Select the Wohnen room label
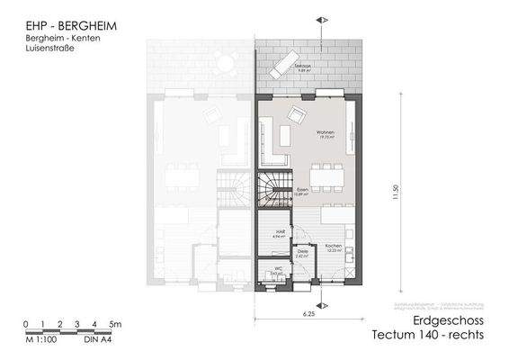(326, 133)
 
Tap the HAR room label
(280, 232)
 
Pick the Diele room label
(302, 253)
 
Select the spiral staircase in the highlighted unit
(272, 191)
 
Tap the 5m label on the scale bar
(115, 323)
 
